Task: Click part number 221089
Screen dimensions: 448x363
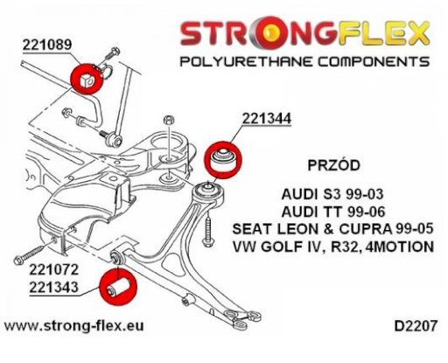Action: [47, 45]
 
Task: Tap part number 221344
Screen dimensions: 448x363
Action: [267, 119]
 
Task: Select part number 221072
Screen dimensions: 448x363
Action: [54, 269]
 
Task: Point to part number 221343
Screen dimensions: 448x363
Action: [54, 287]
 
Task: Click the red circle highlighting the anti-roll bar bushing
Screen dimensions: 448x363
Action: [87, 79]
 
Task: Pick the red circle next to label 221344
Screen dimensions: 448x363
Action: [223, 160]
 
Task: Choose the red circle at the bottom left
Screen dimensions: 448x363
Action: [118, 288]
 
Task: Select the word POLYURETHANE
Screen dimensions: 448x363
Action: [247, 62]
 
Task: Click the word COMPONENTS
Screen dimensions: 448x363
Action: [374, 62]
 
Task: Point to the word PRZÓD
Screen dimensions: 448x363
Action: [334, 165]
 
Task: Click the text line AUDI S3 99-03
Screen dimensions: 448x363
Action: [332, 194]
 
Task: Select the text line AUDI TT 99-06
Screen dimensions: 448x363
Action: [333, 212]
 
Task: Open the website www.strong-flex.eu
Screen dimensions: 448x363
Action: [73, 325]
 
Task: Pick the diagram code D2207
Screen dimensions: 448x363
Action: [416, 326]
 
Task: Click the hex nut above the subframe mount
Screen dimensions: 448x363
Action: [169, 120]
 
